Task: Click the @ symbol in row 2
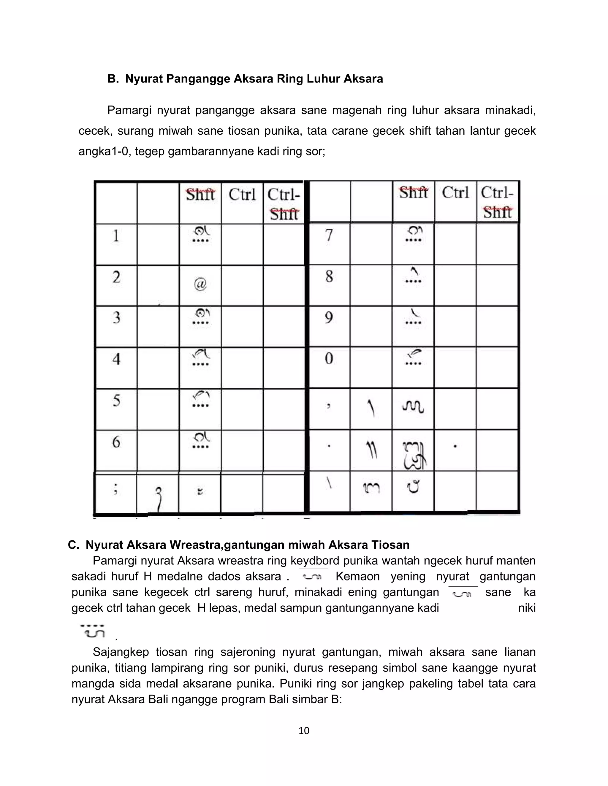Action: tap(200, 285)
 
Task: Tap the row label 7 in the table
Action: tap(329, 236)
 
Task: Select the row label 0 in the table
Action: tap(329, 359)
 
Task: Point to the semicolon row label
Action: tap(115, 489)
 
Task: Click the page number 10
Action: tap(304, 731)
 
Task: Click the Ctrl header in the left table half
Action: tap(242, 195)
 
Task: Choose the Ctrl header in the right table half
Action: tap(455, 193)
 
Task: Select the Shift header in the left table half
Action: tap(200, 195)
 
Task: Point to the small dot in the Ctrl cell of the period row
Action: tap(455, 446)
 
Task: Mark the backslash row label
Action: tap(329, 484)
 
